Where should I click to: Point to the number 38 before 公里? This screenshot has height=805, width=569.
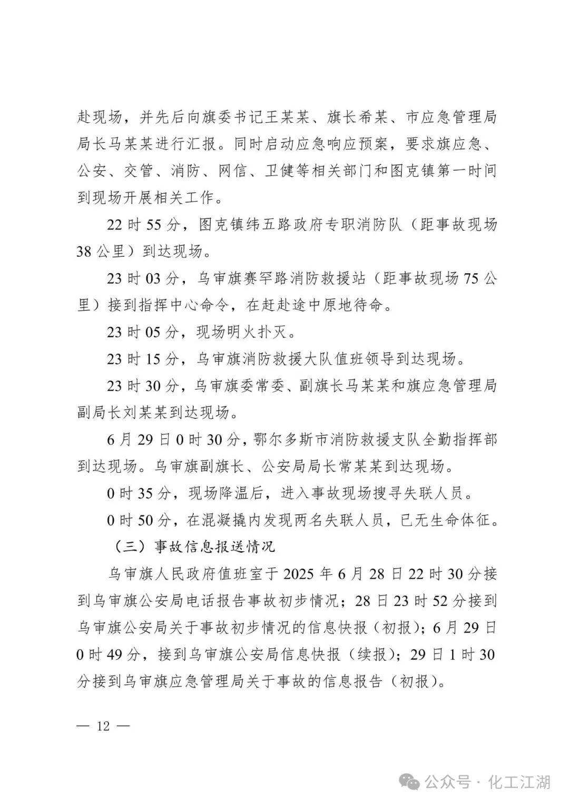pos(84,252)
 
